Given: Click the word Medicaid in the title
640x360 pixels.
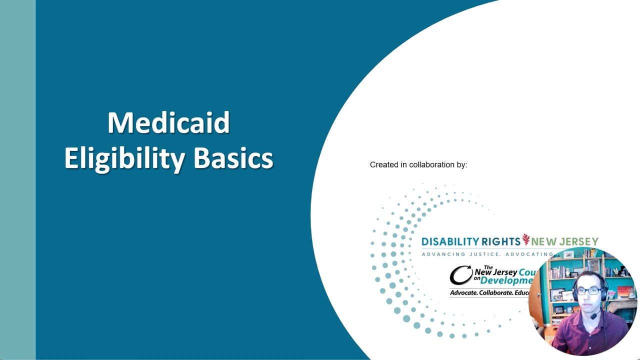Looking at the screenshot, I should coord(168,123).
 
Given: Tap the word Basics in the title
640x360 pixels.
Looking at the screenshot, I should coord(233,158).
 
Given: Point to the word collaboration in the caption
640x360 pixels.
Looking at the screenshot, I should coord(431,164).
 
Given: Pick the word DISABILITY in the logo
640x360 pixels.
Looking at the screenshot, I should coord(450,242).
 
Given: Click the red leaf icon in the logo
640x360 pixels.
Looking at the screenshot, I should coord(525,240).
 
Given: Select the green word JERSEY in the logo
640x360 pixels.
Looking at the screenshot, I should coord(580,242).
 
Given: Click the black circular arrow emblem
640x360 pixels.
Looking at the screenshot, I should coord(460,275).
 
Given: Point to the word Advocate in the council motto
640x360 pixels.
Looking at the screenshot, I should coord(463,292).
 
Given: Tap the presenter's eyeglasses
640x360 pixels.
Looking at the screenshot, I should coord(588,291).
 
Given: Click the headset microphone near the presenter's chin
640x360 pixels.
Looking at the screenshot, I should coord(594,315).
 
